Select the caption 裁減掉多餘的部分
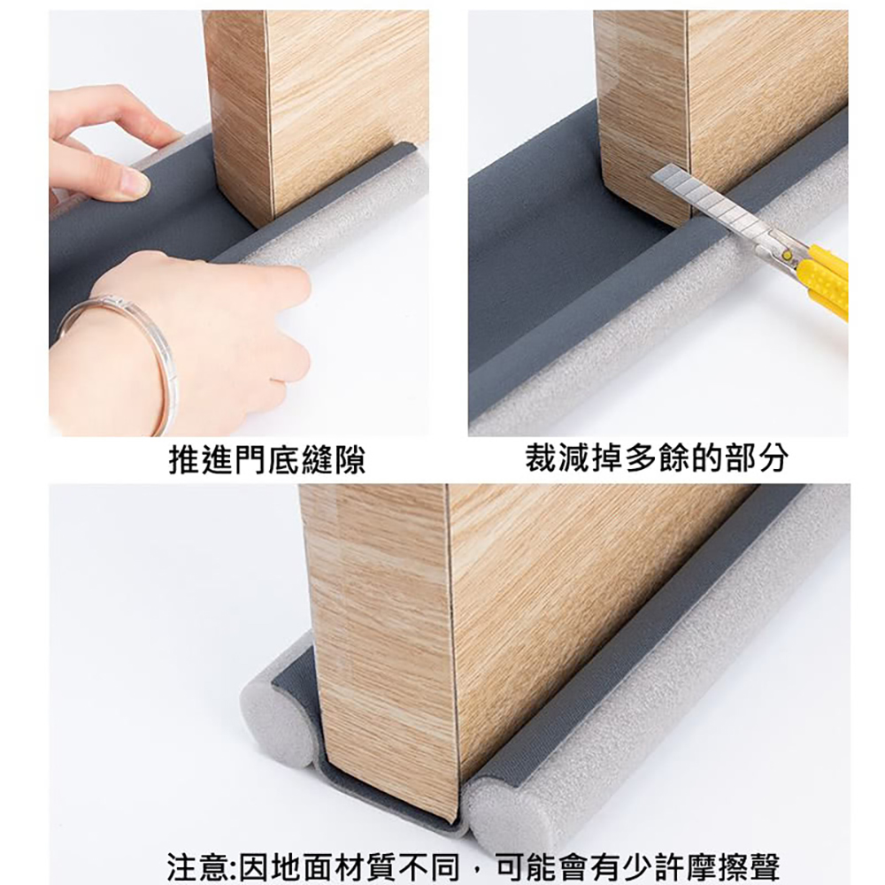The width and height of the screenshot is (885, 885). point(657,458)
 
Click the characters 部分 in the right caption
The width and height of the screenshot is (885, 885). point(757,458)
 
